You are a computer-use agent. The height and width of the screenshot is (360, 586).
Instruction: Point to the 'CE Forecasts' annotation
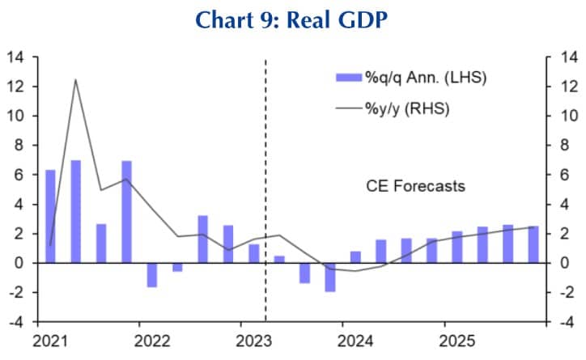415,186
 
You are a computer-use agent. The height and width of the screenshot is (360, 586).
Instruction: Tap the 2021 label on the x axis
49,340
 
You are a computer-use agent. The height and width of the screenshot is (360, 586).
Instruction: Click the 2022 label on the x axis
152,340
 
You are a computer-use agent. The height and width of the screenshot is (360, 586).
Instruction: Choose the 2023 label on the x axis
253,340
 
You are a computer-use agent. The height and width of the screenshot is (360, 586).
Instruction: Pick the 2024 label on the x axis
355,340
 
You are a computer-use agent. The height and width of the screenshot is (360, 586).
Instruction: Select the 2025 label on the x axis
456,340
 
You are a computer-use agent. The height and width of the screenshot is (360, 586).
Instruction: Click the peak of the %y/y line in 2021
75,79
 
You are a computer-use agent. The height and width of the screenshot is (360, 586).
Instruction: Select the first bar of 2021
50,216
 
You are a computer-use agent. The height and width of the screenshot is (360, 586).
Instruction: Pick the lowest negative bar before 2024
329,277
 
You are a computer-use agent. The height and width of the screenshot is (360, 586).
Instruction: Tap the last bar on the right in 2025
533,244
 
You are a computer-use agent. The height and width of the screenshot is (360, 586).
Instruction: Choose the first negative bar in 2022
151,275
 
